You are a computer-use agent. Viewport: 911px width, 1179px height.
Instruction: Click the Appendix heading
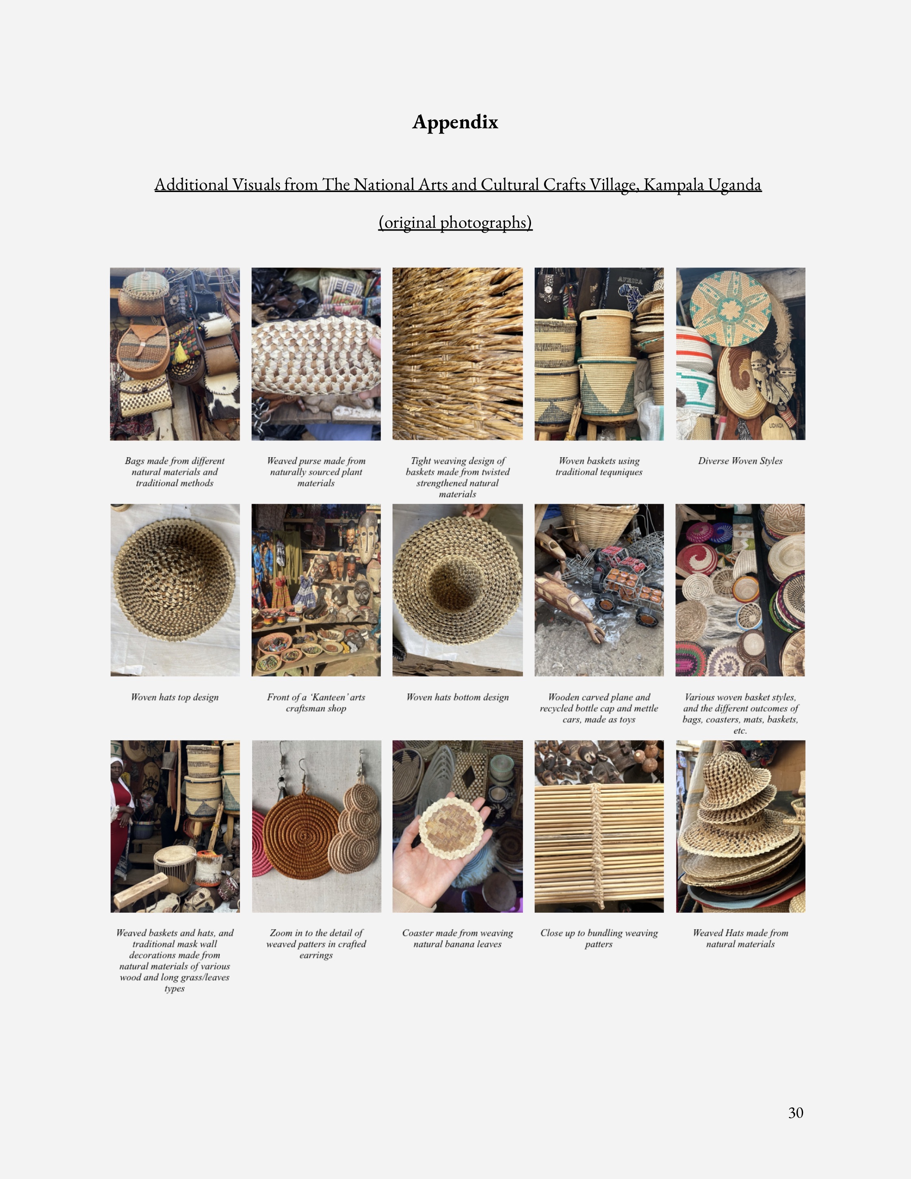[x=455, y=123]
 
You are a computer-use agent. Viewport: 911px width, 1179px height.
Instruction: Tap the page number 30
[x=796, y=1112]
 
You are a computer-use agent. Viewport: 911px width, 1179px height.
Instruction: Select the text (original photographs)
[x=455, y=222]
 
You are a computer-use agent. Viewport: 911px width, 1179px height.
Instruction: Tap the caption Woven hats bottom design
[x=458, y=697]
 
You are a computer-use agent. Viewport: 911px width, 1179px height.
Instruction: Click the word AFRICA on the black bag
[x=630, y=281]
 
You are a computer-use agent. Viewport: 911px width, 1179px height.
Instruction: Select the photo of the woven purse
[x=316, y=354]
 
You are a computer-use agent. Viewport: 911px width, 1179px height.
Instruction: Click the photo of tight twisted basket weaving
[x=458, y=354]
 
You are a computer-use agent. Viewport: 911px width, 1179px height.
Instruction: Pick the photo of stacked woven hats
[x=740, y=827]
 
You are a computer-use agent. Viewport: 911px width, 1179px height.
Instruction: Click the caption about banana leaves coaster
[x=458, y=938]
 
